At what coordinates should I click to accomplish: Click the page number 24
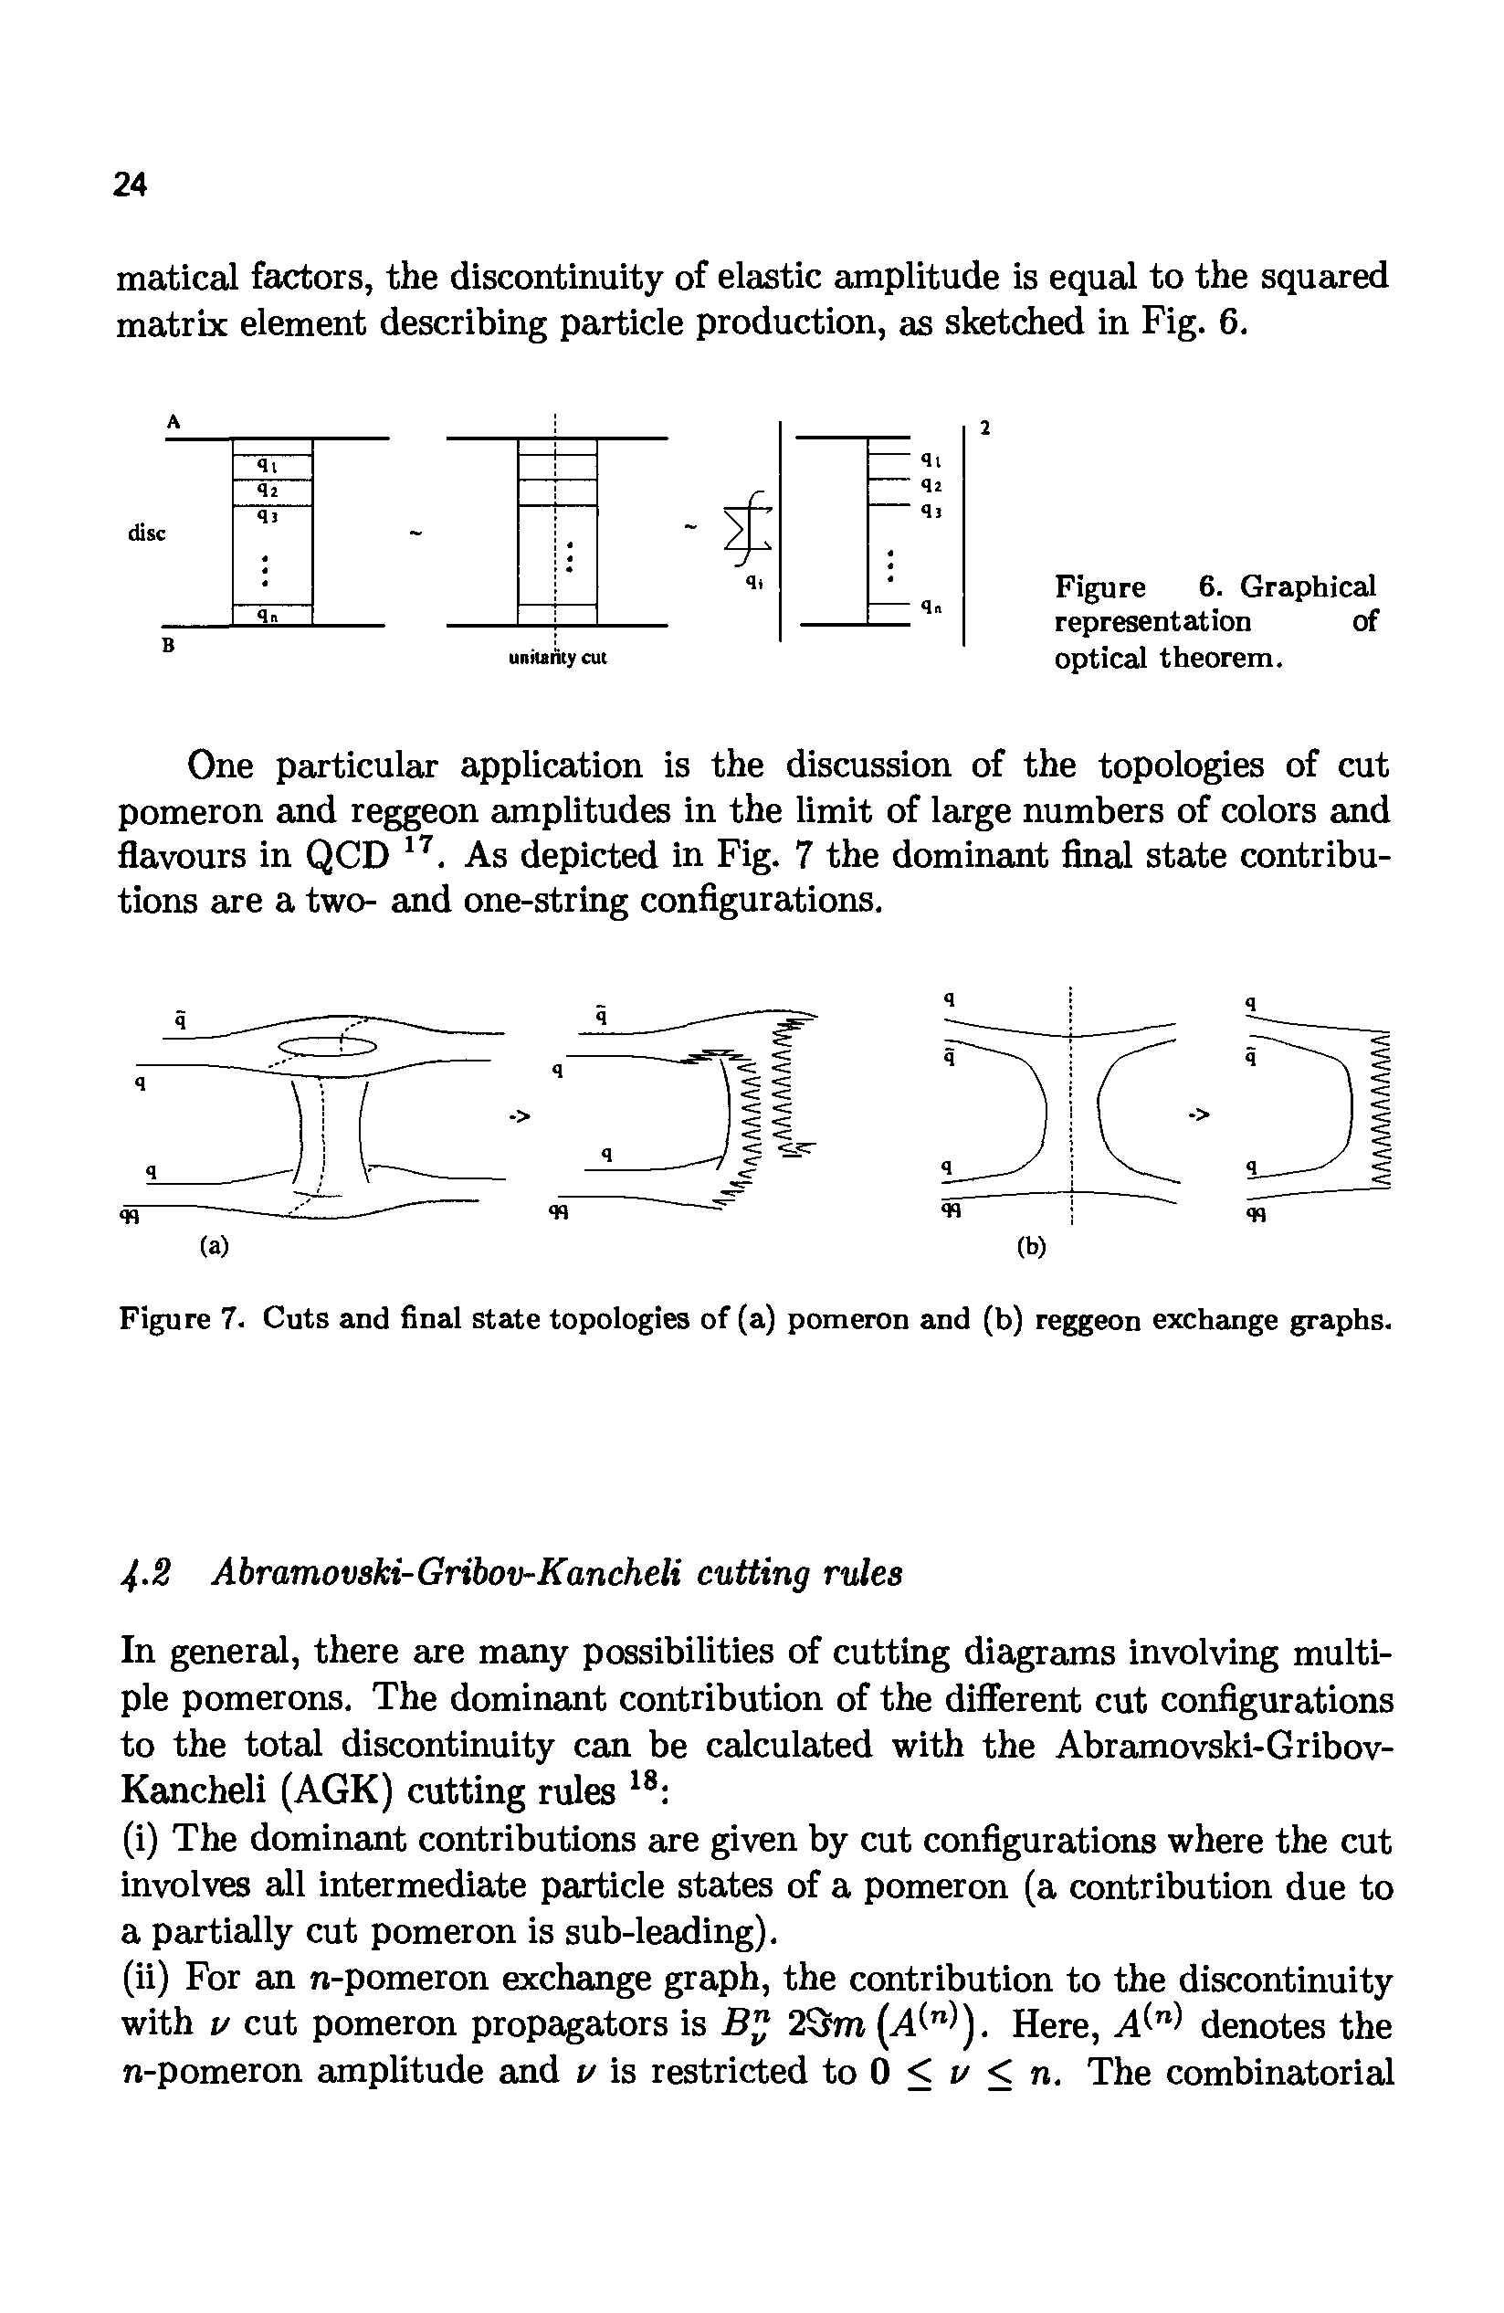[x=131, y=183]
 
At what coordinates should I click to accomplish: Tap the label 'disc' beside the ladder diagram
[x=147, y=533]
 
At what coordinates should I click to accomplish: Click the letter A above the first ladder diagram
[x=173, y=421]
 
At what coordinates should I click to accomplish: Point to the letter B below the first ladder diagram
[x=168, y=644]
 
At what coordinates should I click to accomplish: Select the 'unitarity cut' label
[x=558, y=658]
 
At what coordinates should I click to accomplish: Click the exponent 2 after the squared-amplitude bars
[x=984, y=428]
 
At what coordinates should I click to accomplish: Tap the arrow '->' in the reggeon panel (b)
[x=1201, y=1114]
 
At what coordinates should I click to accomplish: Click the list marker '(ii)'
[x=146, y=1979]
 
